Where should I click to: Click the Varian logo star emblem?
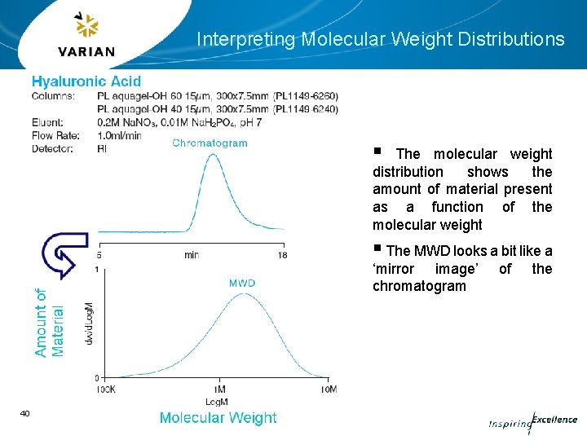(x=86, y=26)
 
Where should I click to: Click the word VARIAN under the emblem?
(x=86, y=52)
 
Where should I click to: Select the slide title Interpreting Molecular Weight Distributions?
(x=380, y=39)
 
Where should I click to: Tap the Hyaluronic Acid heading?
(x=86, y=81)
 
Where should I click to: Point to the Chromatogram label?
(x=210, y=143)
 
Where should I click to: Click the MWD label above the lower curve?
(x=241, y=283)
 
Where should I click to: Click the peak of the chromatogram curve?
(x=213, y=155)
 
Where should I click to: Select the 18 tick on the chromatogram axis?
(x=282, y=255)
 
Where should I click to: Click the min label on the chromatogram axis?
(x=191, y=255)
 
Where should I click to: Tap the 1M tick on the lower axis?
(x=219, y=390)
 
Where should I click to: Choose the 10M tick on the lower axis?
(x=329, y=390)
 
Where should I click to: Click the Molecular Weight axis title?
(x=218, y=418)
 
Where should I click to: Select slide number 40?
(x=24, y=414)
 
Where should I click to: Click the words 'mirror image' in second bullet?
(x=427, y=269)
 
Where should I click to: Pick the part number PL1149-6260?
(x=306, y=96)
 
